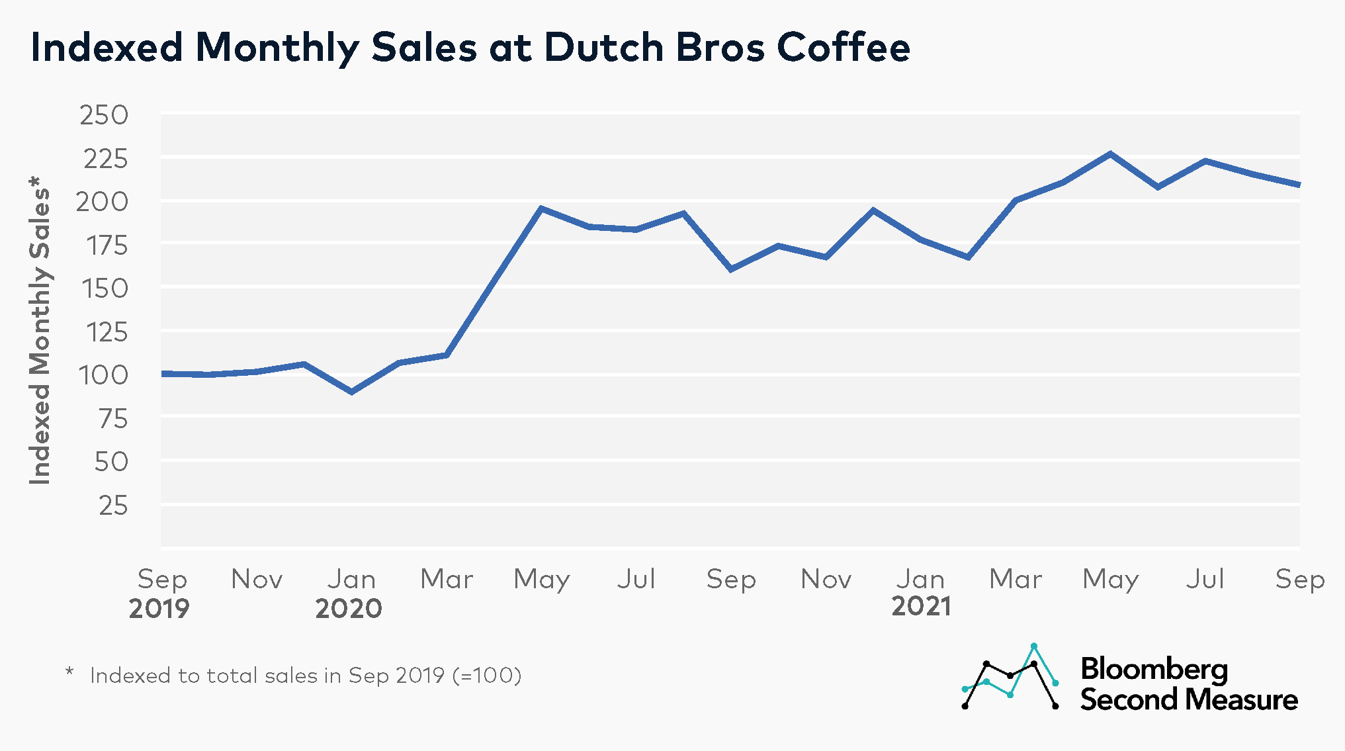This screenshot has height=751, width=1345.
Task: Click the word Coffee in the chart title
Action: pos(843,48)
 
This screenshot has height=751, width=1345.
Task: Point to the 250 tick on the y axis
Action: pos(104,116)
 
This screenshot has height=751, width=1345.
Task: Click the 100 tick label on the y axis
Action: pos(103,376)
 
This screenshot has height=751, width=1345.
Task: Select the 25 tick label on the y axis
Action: pos(113,506)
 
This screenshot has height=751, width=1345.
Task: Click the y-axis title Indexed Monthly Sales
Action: pos(40,331)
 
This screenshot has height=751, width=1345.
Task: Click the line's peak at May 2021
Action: pos(1110,154)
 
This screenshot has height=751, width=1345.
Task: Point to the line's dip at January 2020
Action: pos(352,392)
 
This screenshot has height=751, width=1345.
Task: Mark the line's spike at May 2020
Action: pos(541,208)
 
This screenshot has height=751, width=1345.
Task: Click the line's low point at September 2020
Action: pos(731,269)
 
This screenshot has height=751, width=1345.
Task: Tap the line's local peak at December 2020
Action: pos(873,210)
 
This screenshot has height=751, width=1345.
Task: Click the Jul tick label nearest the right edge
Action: pos(1205,580)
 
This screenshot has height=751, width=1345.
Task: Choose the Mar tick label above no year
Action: pos(1016,580)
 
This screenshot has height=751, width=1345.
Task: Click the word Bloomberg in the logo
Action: pos(1154,670)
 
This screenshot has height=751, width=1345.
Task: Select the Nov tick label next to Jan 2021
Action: pos(826,580)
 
